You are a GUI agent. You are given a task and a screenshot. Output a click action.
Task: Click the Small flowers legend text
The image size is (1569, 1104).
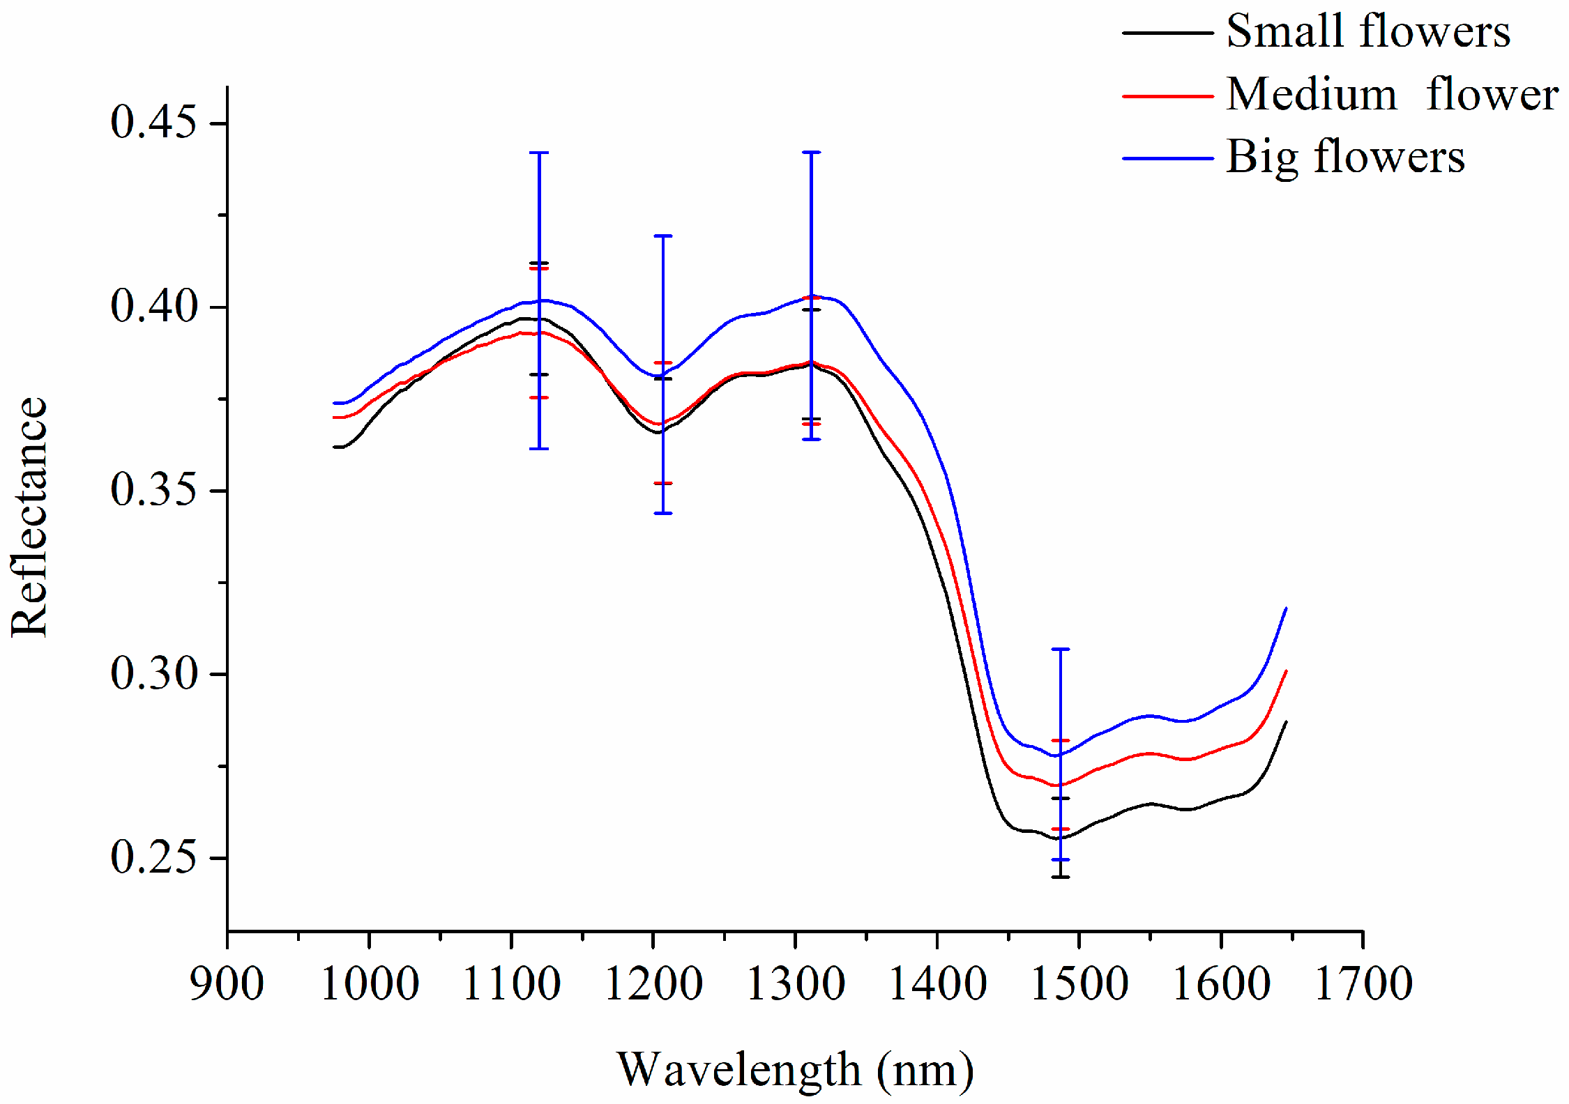(x=1367, y=32)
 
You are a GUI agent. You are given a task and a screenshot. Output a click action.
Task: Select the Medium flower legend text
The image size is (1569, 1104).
(x=1392, y=95)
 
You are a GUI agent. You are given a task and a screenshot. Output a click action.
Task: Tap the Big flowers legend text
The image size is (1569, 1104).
(x=1345, y=158)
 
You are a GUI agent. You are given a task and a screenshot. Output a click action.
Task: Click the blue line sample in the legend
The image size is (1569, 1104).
(x=1167, y=159)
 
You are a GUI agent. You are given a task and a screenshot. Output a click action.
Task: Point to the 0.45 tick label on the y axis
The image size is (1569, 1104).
(x=153, y=123)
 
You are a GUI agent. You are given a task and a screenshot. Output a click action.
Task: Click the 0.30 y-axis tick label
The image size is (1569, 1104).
(x=153, y=674)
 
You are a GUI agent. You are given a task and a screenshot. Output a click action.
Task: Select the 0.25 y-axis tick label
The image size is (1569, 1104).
(x=153, y=857)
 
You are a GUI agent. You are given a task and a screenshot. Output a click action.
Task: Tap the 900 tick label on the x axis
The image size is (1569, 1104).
(x=227, y=984)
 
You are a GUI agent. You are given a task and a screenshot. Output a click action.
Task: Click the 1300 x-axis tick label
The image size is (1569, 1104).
(x=795, y=984)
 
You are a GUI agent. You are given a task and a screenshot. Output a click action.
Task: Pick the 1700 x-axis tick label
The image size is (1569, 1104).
(x=1363, y=984)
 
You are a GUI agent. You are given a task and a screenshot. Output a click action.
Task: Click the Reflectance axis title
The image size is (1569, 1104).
(x=29, y=517)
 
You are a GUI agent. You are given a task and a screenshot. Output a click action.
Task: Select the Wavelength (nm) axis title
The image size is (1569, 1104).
(x=795, y=1070)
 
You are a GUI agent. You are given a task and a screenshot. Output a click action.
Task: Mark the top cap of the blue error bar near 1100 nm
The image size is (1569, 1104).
(x=539, y=153)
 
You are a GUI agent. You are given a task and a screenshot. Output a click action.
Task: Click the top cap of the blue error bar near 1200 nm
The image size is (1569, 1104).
(x=663, y=236)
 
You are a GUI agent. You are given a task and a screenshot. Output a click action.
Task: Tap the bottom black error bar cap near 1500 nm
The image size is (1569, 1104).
(x=1061, y=877)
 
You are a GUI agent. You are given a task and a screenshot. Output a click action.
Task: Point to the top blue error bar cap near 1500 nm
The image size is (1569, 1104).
(x=1061, y=649)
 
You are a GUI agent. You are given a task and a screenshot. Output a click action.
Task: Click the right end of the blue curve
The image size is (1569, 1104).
(x=1285, y=609)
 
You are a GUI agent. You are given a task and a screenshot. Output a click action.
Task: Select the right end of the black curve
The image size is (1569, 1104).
(x=1285, y=723)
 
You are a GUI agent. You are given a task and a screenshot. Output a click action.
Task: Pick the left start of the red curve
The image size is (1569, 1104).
(x=335, y=417)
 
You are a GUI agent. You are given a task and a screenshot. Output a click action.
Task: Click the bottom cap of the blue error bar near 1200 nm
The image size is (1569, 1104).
(x=663, y=514)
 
